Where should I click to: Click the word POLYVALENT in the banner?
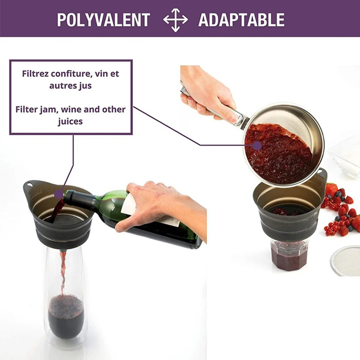click(103, 20)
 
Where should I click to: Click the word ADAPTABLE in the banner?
click(241, 20)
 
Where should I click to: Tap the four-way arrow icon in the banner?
click(175, 20)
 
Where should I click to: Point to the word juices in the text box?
click(71, 121)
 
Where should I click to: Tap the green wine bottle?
click(148, 220)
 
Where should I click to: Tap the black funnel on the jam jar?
click(288, 211)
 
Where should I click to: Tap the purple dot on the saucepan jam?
click(257, 145)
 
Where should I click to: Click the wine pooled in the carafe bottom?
click(66, 315)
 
